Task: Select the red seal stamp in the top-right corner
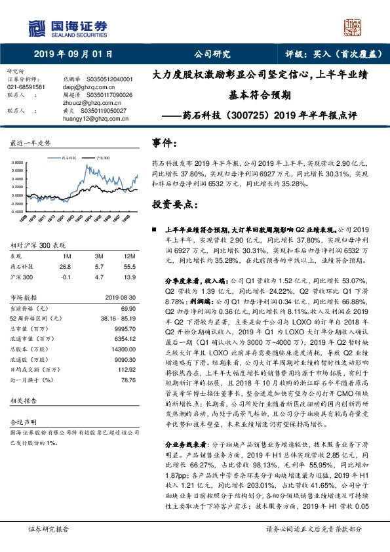pos(353,28)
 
